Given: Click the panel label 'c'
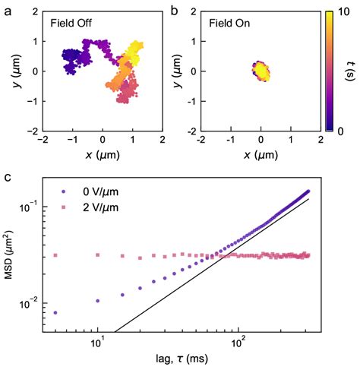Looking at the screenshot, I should [7, 179].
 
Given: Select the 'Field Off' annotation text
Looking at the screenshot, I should [74, 23].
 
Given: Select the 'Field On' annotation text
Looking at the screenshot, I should [230, 23].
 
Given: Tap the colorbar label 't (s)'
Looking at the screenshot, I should [348, 71].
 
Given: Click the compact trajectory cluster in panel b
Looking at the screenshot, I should [261, 71].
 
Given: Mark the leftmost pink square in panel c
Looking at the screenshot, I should [55, 255].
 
